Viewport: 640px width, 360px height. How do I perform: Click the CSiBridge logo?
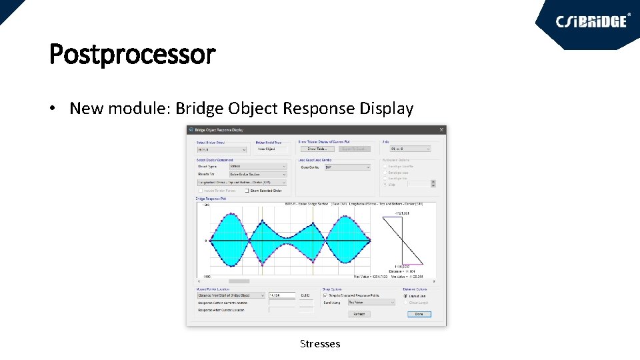point(592,21)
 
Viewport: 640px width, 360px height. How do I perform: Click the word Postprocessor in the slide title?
point(132,54)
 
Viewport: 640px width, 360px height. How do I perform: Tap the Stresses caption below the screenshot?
point(320,344)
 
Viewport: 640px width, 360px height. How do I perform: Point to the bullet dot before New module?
point(53,109)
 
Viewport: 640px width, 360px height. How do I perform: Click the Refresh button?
point(359,314)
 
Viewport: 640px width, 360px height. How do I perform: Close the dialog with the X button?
point(441,130)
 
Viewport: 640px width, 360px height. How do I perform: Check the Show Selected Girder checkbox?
point(247,191)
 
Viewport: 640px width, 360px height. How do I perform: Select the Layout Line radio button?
point(405,296)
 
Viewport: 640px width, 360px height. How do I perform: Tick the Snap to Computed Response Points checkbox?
point(325,295)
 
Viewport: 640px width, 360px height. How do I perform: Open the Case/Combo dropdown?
point(346,167)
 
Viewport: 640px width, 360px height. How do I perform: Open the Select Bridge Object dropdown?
point(223,149)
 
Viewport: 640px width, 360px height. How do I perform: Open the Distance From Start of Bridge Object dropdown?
point(231,295)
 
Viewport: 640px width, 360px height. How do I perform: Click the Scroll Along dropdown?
point(371,302)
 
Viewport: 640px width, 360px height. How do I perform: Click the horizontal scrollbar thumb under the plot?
point(239,281)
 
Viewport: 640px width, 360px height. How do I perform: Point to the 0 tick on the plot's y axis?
point(205,241)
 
